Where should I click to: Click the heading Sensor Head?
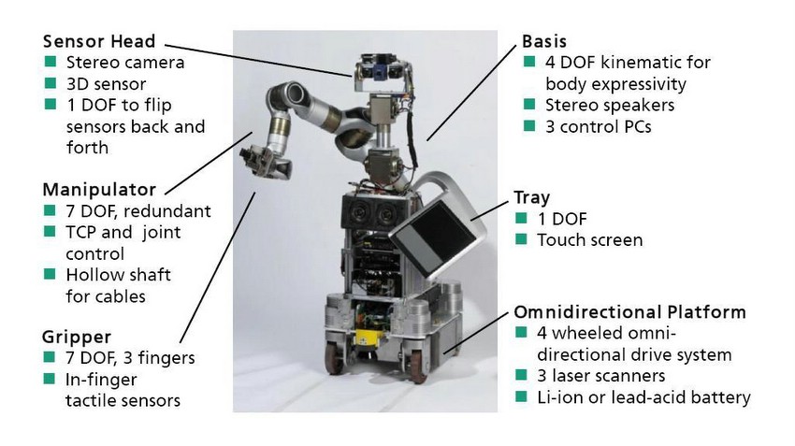point(98,42)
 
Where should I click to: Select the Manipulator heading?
point(99,190)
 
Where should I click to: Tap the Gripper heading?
point(78,337)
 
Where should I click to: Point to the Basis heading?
point(544,42)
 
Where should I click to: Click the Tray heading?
point(531,197)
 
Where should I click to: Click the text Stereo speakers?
point(610,105)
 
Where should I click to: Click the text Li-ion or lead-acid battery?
point(643,397)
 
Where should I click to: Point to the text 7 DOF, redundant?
point(138,210)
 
